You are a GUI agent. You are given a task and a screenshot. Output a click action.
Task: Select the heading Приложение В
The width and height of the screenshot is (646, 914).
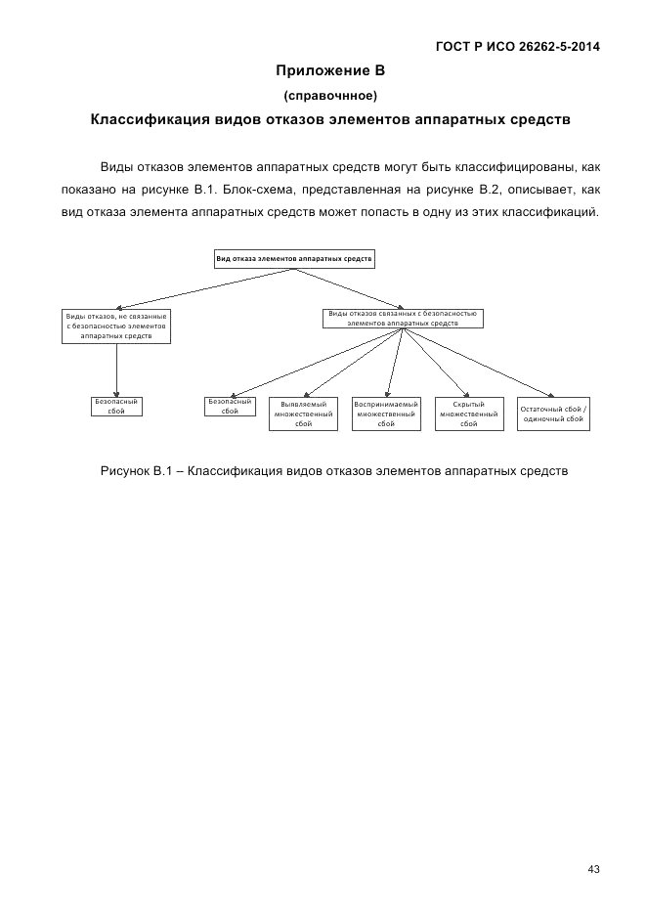330,70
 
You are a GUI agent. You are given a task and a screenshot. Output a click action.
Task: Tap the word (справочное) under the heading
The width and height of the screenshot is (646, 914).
330,95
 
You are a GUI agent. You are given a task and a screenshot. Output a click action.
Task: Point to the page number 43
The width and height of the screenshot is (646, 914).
593,869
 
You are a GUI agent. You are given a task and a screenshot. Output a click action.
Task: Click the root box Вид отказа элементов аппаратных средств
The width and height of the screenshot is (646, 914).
294,259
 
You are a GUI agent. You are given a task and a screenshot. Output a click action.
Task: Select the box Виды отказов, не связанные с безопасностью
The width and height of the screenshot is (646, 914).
116,326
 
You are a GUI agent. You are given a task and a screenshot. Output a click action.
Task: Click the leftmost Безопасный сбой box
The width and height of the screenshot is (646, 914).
116,406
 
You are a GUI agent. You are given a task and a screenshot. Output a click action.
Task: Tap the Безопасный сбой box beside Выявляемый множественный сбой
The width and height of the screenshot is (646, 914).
231,406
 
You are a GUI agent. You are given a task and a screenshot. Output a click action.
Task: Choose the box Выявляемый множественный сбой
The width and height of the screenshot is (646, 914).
303,413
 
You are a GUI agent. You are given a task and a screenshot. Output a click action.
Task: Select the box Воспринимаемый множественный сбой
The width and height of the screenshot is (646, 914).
386,413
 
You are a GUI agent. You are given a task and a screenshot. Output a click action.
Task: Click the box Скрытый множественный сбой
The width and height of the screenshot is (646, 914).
469,413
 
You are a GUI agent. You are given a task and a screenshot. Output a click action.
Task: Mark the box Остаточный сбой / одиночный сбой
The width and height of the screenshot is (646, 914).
553,413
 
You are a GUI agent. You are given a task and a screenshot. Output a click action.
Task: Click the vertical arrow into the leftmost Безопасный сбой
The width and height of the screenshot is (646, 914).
116,370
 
